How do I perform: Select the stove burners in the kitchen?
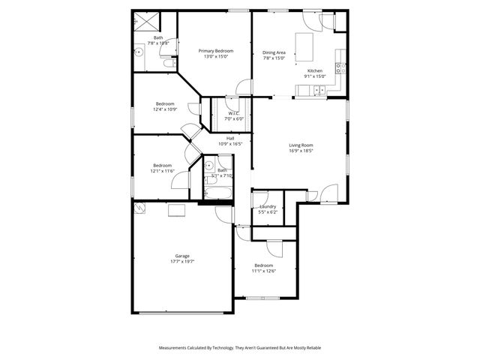point(340,67)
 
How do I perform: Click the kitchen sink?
point(319,91)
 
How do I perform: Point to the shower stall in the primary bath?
point(142,21)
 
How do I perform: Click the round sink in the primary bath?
point(139,52)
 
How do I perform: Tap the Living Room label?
point(301,145)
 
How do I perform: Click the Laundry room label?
point(268,206)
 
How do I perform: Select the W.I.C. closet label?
point(233,113)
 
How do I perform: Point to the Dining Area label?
point(274,52)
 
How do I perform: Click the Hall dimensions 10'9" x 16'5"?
point(231,143)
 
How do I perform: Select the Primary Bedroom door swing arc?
point(241,87)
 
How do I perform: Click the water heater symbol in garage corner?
point(139,208)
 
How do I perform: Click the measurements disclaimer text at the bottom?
point(239,348)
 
